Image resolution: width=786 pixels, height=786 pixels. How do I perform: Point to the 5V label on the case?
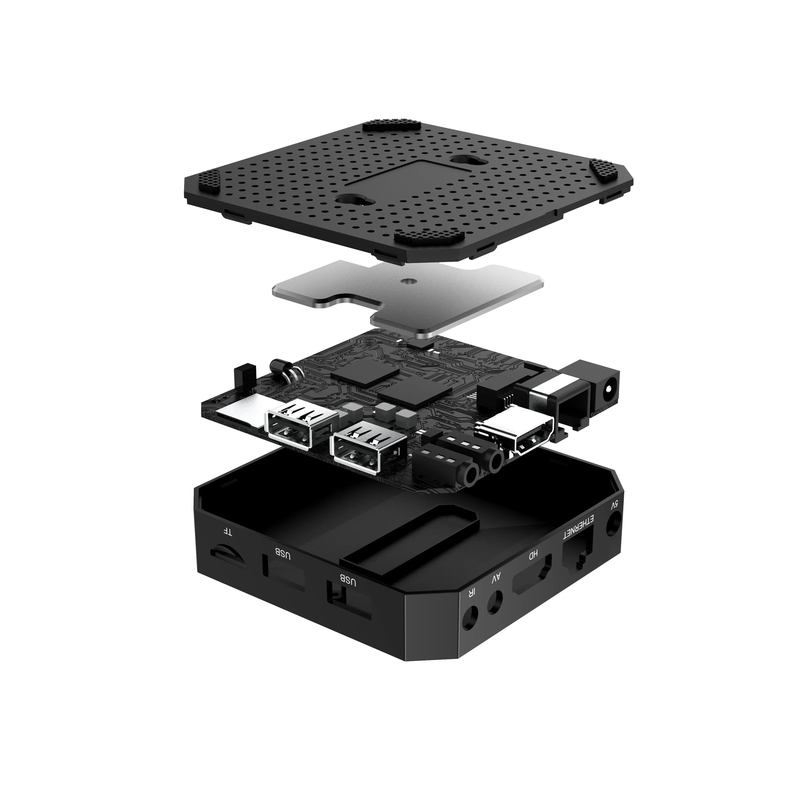point(615,505)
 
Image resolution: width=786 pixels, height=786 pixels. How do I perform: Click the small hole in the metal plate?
point(407,280)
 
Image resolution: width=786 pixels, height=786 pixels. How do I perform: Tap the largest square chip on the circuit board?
point(364,372)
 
